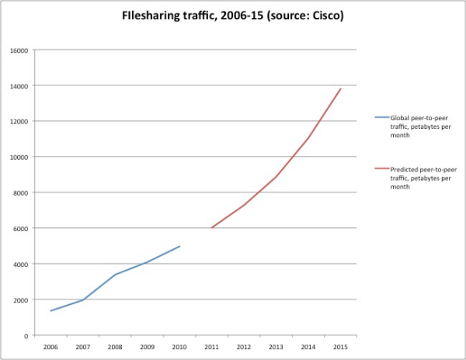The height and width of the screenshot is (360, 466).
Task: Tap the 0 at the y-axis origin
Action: pos(26,336)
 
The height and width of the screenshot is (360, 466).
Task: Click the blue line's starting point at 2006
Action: pos(50,311)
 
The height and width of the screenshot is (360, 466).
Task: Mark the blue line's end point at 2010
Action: pos(180,246)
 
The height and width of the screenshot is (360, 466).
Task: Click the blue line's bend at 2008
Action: pos(115,275)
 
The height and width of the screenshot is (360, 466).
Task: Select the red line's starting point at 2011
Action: pos(212,228)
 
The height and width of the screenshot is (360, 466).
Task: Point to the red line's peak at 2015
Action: pos(341,88)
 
